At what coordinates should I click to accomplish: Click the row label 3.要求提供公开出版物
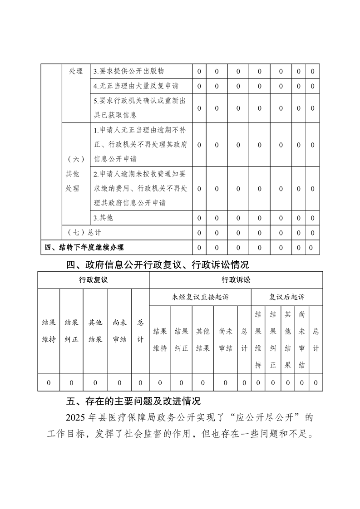pyautogui.click(x=128, y=71)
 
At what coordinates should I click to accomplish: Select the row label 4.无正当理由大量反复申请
pyautogui.click(x=136, y=86)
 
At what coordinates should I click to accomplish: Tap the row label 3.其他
pyautogui.click(x=104, y=218)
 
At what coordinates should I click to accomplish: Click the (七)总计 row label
pyautogui.click(x=84, y=233)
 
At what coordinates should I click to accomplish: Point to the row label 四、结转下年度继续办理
pyautogui.click(x=84, y=247)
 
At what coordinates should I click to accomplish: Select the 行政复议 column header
pyautogui.click(x=93, y=280)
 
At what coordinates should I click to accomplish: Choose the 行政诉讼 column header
pyautogui.click(x=236, y=280)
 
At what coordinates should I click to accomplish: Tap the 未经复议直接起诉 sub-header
pyautogui.click(x=200, y=297)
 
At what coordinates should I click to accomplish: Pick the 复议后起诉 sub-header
pyautogui.click(x=287, y=297)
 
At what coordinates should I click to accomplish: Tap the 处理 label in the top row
pyautogui.click(x=76, y=71)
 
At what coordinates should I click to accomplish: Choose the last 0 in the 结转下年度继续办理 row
pyautogui.click(x=311, y=247)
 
